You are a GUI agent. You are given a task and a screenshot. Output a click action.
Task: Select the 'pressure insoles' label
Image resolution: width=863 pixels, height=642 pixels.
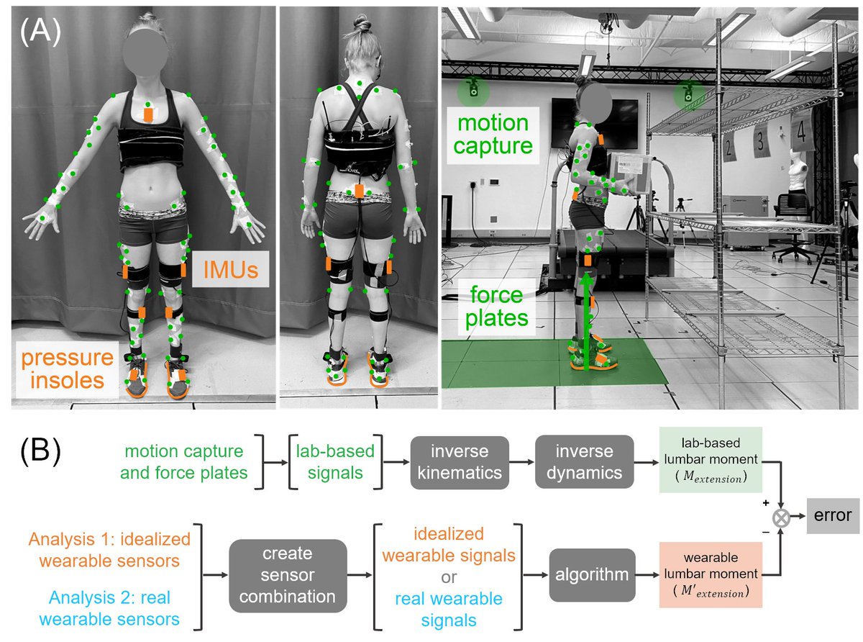(66, 368)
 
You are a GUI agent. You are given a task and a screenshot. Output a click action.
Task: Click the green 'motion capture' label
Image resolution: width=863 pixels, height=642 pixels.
(494, 135)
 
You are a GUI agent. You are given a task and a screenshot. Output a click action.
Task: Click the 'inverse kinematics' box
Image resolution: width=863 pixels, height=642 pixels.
(459, 462)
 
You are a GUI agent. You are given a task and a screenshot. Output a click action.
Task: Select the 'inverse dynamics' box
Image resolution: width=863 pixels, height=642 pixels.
(584, 462)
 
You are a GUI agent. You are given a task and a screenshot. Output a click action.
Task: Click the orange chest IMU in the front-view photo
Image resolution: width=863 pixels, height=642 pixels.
(148, 114)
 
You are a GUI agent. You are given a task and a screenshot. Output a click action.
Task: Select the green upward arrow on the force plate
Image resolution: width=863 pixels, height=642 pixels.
(587, 317)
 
